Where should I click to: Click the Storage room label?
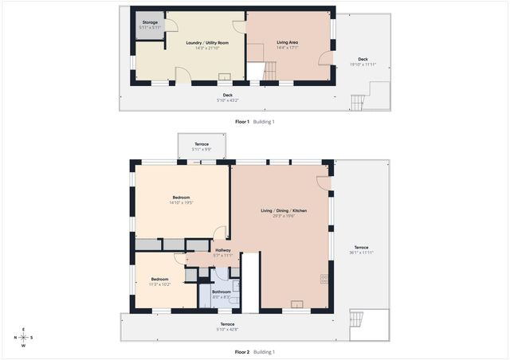(x=150, y=22)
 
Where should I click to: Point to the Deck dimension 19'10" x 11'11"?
(x=363, y=65)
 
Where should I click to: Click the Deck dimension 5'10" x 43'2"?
(x=227, y=100)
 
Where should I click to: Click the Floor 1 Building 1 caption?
(x=254, y=122)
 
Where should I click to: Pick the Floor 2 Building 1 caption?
(x=254, y=352)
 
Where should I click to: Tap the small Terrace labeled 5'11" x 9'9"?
(x=201, y=150)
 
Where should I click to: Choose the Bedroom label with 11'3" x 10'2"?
(x=159, y=283)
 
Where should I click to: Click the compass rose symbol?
(x=23, y=338)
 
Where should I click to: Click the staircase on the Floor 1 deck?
(x=359, y=102)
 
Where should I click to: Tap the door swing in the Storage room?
(x=170, y=25)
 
